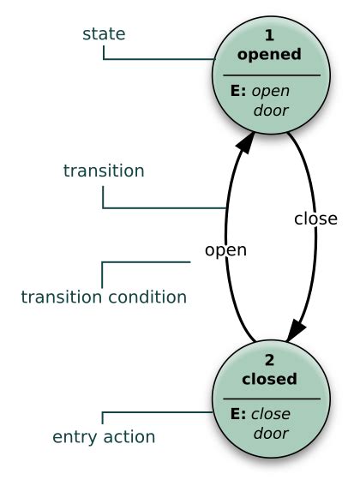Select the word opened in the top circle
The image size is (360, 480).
pos(269,55)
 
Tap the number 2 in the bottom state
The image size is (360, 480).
pos(269,361)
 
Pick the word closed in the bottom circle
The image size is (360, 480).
pos(269,378)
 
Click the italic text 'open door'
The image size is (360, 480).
pos(270,100)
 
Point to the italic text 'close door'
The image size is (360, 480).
pos(270,423)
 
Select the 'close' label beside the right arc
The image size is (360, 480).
pos(315,218)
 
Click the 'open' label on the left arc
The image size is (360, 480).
pos(225,250)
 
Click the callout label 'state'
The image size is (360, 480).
pos(104,33)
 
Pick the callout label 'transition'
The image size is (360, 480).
pos(104,171)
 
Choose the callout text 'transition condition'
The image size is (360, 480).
pos(104,297)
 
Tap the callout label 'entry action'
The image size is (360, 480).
pos(104,438)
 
